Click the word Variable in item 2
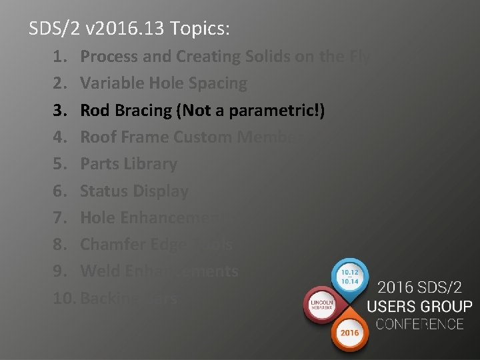coord(111,84)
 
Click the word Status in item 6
coord(103,191)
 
